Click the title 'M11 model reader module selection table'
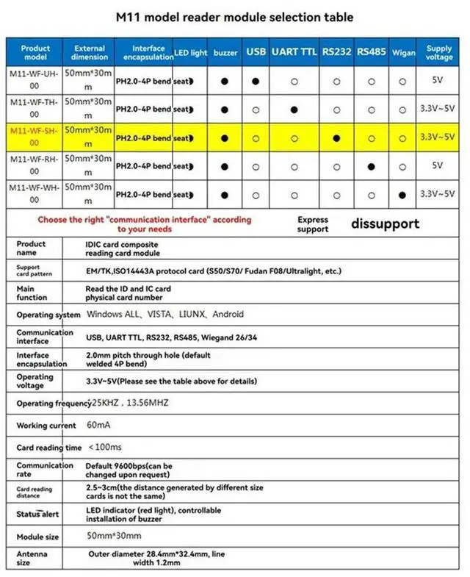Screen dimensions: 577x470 [x=235, y=17]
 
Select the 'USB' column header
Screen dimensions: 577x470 [x=256, y=52]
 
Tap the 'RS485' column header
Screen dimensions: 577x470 [x=372, y=52]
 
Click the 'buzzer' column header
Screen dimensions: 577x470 [x=225, y=53]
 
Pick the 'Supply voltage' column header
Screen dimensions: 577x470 [x=439, y=53]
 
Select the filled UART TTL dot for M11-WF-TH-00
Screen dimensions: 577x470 [x=294, y=110]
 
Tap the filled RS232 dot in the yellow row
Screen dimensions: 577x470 [x=336, y=137]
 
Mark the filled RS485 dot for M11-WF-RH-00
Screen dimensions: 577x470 [x=372, y=166]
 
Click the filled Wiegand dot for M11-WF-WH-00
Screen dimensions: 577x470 [x=402, y=195]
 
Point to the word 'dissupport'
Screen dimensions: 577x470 [x=385, y=223]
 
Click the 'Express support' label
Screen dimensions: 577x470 [x=313, y=224]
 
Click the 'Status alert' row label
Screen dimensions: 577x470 [x=37, y=515]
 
